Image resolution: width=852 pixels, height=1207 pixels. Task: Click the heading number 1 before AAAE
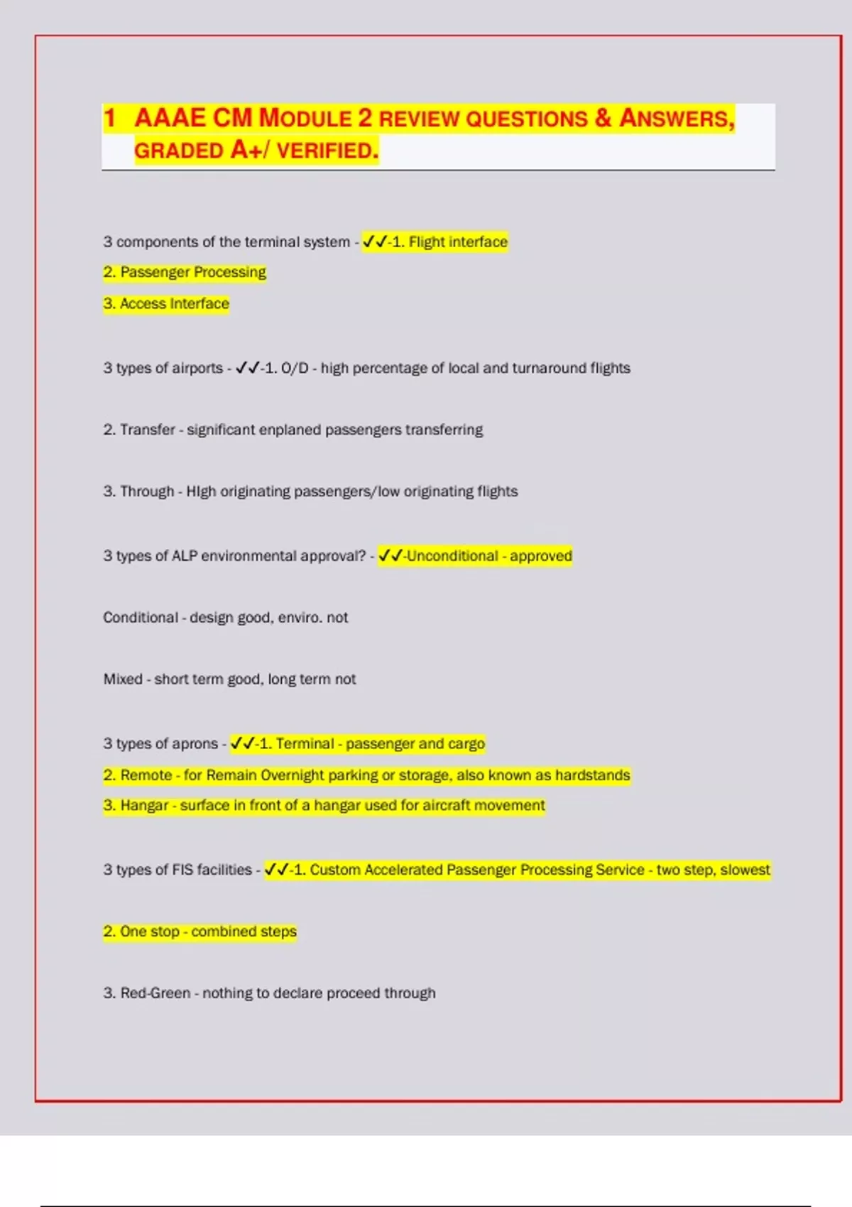(109, 118)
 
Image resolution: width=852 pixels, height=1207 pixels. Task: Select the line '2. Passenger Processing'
(185, 273)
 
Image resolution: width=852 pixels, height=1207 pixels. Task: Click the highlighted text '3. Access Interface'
(166, 304)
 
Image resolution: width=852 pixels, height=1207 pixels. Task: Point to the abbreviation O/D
(295, 368)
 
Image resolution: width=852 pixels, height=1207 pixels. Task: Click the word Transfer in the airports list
(147, 430)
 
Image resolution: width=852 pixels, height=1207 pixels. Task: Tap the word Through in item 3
(147, 491)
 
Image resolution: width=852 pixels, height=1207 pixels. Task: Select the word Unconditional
(452, 556)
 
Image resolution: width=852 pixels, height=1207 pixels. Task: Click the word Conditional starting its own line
(141, 618)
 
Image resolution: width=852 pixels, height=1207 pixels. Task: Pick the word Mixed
(123, 679)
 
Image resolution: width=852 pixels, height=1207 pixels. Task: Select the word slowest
(745, 870)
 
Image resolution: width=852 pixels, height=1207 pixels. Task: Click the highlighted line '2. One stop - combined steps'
(200, 932)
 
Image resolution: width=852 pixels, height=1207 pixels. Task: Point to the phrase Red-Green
(155, 993)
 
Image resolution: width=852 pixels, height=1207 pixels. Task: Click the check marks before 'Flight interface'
(374, 242)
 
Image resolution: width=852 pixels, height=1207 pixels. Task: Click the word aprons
(195, 744)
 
